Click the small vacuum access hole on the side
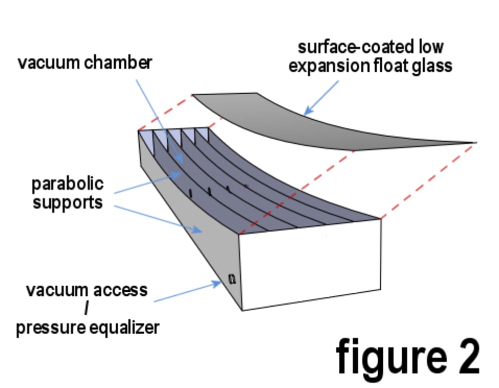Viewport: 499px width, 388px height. [231, 278]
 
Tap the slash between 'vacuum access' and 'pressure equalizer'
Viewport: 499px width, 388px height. [86, 309]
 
